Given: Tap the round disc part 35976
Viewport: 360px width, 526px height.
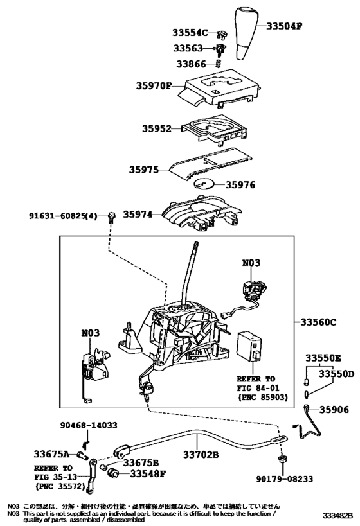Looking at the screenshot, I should [204, 184].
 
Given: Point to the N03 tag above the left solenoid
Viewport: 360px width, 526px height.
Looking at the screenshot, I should [91, 333].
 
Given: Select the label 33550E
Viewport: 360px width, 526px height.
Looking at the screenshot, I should [325, 357].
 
